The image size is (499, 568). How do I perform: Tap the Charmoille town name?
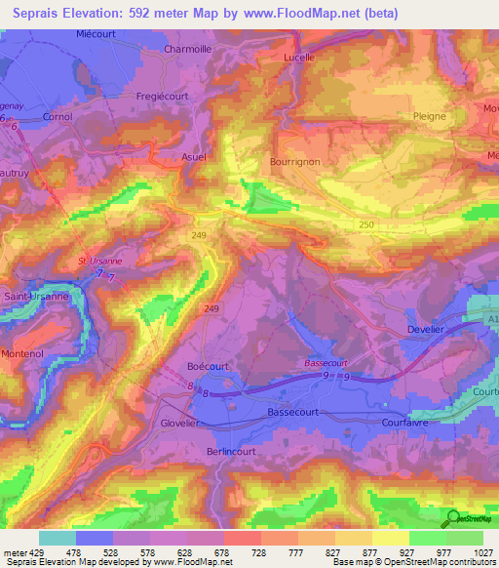pyautogui.click(x=188, y=49)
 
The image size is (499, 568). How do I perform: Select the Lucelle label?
pyautogui.click(x=298, y=58)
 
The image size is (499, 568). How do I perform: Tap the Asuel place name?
pyautogui.click(x=194, y=155)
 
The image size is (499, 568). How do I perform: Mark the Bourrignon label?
pyautogui.click(x=293, y=162)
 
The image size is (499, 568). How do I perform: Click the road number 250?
pyautogui.click(x=364, y=224)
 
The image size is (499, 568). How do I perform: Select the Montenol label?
pyautogui.click(x=23, y=353)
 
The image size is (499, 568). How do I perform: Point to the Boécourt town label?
pyautogui.click(x=207, y=366)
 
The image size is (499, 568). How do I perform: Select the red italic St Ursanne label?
pyautogui.click(x=101, y=262)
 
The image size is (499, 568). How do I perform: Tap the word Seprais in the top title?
pyautogui.click(x=44, y=11)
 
